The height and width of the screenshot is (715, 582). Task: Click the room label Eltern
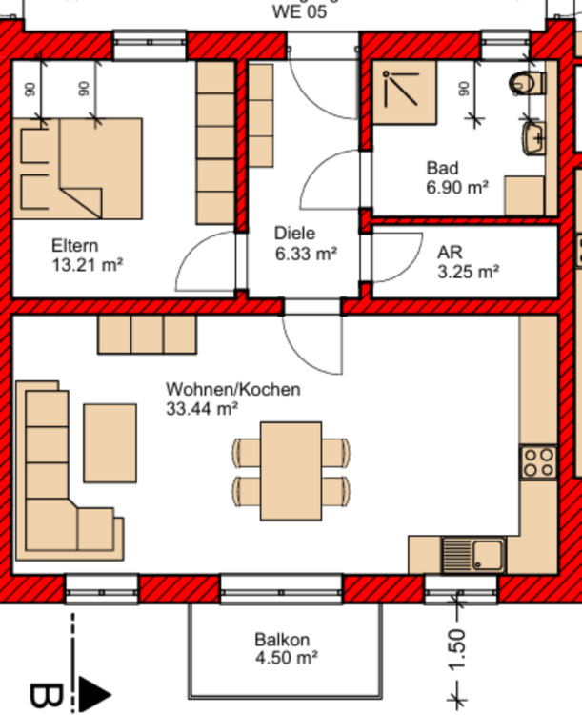point(74,245)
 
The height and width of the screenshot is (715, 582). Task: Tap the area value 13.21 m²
point(89,264)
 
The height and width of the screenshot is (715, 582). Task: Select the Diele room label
point(293,234)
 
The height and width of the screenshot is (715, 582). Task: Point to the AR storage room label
point(449,253)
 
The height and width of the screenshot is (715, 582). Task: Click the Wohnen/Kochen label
point(233,390)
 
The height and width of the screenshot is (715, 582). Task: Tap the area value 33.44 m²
point(201,409)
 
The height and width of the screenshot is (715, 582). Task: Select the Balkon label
point(282,640)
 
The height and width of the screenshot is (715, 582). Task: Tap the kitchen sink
point(473,553)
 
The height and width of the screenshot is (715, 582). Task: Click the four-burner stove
point(538,462)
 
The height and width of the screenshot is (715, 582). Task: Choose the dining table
point(291,472)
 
